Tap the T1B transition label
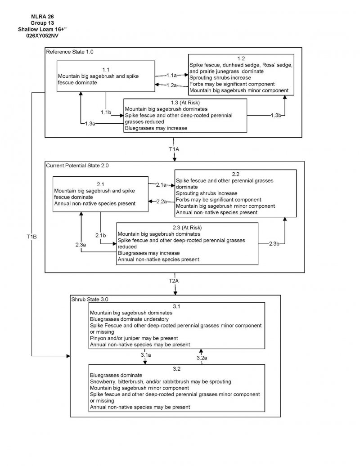pos(31,236)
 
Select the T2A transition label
pos(174,281)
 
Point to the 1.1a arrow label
pos(171,75)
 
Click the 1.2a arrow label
pos(171,85)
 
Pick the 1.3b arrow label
pos(277,116)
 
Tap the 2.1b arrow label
pos(100,236)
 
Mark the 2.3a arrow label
pos(81,244)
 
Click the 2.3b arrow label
pos(274,243)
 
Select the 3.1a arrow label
pos(145,355)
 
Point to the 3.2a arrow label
pos(202,358)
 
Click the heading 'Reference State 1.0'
pos(70,52)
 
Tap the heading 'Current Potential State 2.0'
pos(77,166)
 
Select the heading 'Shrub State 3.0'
pos(90,299)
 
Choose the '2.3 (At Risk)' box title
pos(187,228)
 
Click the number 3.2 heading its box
pos(176,369)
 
